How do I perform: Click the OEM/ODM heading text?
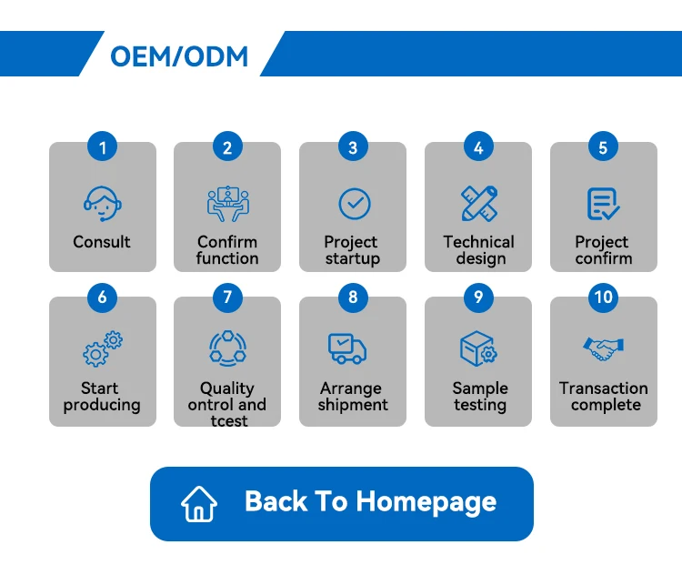coord(179,56)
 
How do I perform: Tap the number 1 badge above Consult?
coord(102,146)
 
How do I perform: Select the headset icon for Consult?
coord(101,203)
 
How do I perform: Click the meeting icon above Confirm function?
coord(227,203)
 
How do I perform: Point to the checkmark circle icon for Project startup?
coord(354,203)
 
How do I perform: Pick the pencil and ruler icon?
coord(478,203)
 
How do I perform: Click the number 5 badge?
coord(603,146)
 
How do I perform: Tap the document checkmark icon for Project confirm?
coord(603,203)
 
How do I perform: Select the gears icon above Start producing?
coord(102,349)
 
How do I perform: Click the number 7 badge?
coord(227,297)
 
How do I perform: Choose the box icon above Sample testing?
coord(477,349)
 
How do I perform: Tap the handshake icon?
coord(603,348)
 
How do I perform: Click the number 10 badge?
coord(603,297)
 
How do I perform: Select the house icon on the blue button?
coord(199,503)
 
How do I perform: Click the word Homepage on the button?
coord(426,501)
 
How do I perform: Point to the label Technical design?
coord(478,250)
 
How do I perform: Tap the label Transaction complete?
coord(604,397)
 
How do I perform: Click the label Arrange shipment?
coord(352,397)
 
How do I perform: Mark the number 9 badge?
coord(478,297)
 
